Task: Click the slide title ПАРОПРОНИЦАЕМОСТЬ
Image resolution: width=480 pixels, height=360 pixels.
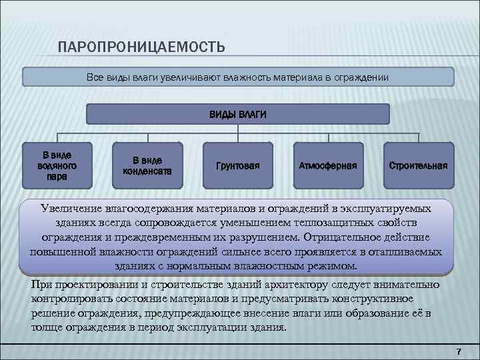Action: (141, 48)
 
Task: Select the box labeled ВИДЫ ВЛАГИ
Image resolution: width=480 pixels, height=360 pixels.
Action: (238, 115)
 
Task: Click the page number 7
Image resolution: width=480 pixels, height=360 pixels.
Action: (458, 351)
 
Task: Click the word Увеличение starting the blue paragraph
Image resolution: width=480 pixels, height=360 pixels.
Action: (71, 209)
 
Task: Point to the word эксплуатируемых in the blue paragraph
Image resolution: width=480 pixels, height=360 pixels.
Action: (389, 209)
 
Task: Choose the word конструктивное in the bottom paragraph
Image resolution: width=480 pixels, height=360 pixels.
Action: (373, 299)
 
